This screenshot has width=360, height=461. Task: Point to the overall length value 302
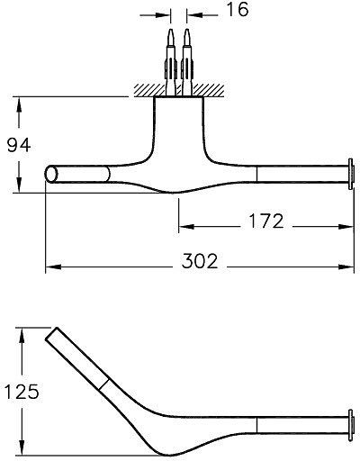[199, 262]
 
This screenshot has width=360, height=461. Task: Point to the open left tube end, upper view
[50, 175]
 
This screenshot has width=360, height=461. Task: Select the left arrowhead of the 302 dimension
[51, 267]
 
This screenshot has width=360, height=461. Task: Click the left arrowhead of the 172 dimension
[184, 225]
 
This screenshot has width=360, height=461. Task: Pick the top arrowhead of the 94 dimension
[18, 101]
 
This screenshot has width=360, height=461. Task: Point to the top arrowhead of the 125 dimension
[22, 335]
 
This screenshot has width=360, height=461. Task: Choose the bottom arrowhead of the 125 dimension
[22, 449]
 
